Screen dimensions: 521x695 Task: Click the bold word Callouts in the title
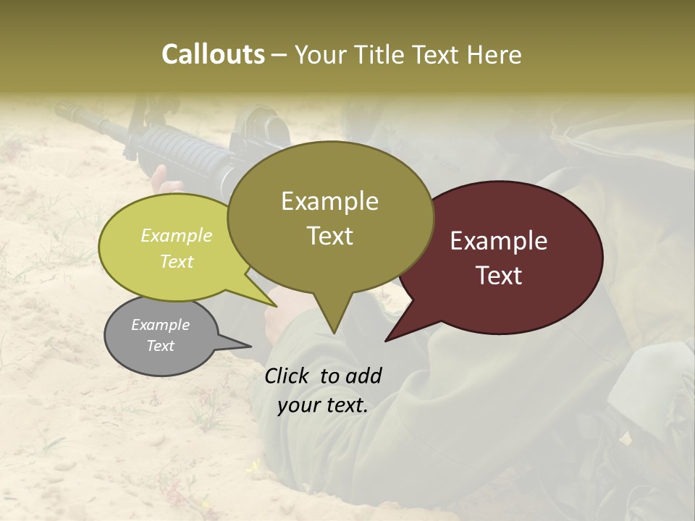click(x=213, y=54)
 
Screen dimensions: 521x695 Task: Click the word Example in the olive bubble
click(x=329, y=201)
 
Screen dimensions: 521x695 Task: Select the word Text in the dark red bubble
click(x=499, y=276)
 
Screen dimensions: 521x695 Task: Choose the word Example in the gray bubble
click(x=161, y=325)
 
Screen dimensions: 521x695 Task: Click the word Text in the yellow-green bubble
click(x=177, y=261)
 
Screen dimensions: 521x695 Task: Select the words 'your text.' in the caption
click(x=323, y=406)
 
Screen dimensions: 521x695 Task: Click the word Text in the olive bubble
click(x=329, y=236)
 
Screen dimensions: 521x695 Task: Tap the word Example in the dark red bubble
click(x=499, y=241)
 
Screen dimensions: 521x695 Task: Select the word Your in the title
click(x=319, y=54)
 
